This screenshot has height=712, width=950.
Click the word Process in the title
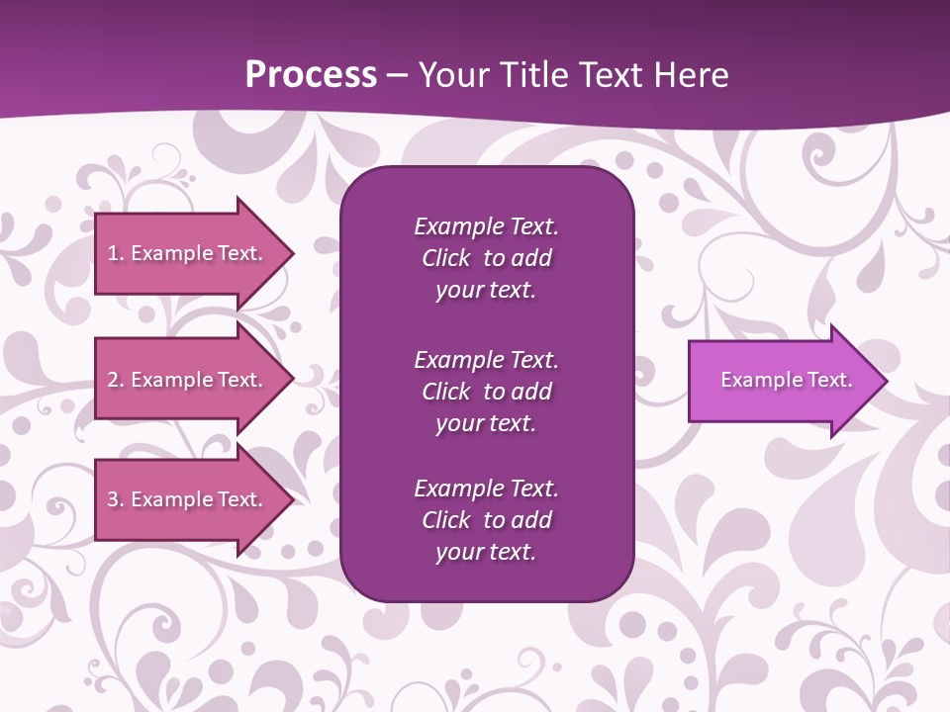click(311, 75)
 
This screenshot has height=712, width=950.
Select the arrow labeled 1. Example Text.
click(188, 253)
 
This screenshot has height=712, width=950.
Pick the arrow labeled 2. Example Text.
click(188, 380)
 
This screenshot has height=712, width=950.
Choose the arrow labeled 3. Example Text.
click(188, 499)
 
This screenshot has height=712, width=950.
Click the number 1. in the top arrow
click(116, 253)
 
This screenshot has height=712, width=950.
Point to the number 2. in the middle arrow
click(116, 380)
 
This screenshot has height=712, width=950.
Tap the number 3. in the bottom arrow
click(116, 499)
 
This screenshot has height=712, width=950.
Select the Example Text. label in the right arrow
click(786, 380)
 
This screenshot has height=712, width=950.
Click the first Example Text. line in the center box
click(486, 226)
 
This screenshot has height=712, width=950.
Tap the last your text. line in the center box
click(486, 552)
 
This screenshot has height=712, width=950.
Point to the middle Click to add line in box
click(486, 392)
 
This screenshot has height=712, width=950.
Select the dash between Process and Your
click(398, 76)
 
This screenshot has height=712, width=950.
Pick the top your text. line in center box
click(486, 291)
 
